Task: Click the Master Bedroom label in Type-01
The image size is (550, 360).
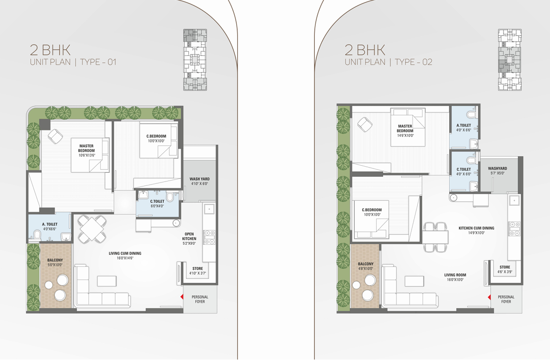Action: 86,148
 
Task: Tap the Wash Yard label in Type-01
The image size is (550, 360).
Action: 199,179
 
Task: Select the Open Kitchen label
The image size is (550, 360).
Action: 189,236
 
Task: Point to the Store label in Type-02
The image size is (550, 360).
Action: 505,267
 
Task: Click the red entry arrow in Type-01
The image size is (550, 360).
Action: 182,297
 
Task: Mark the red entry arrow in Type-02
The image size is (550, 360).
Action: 489,297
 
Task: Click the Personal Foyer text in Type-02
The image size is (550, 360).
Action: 506,299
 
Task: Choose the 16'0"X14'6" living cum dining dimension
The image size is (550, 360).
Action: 125,258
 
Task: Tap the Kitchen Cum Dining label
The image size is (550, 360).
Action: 476,228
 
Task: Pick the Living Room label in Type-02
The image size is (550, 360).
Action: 455,275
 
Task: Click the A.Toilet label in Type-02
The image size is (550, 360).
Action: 464,125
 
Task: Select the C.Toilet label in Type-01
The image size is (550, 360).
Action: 157,201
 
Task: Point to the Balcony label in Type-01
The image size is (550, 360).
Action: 55,260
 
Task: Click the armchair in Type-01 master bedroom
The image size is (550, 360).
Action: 55,136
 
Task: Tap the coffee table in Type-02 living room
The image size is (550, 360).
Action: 414,281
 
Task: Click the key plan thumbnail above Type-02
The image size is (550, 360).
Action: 509,60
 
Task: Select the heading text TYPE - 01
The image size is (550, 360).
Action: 98,62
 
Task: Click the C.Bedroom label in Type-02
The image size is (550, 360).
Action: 372,210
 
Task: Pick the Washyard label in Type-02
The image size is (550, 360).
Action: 498,169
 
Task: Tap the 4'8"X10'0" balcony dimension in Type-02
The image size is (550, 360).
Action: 366,269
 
